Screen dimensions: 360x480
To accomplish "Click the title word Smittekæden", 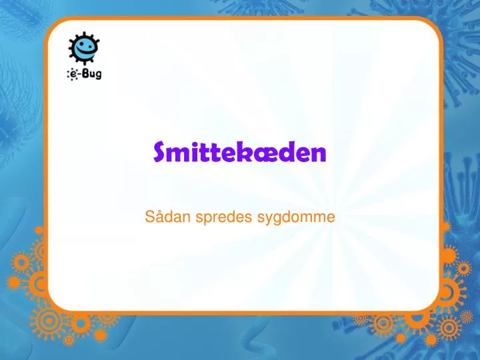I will pos(240,153).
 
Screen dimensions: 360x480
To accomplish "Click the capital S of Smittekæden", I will pos(160,153).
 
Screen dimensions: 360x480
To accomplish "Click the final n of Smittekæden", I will pos(321,154).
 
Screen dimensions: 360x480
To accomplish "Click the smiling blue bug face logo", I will pos(85,48).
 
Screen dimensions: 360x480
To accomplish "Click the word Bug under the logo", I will pos(91,73).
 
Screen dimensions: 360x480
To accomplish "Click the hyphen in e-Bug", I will pos(80,74).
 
